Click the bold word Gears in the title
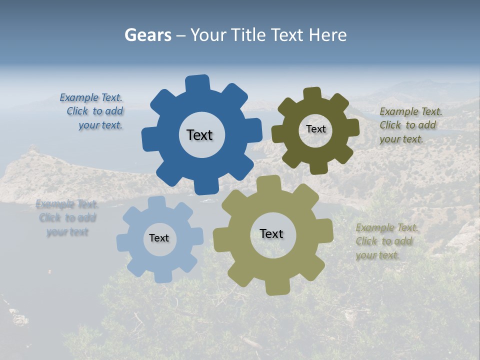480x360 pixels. point(147,35)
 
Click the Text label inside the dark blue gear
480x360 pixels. point(199,135)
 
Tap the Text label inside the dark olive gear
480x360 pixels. point(315,129)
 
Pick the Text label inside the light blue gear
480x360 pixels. point(159,238)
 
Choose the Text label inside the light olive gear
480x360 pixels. point(271,233)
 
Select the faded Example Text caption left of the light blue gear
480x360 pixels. point(67,218)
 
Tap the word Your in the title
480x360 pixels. point(209,35)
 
